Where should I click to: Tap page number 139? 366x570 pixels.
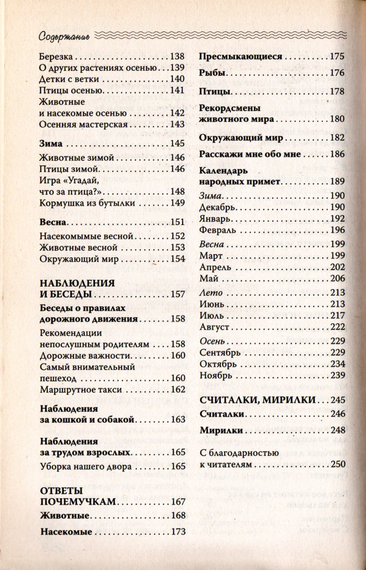point(177,68)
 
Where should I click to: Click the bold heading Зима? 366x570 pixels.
point(51,144)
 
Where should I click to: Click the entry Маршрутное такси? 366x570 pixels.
point(81,389)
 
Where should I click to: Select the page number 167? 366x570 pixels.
point(178,502)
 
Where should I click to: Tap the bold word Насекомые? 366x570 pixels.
point(66,531)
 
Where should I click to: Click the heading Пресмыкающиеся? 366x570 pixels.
point(241,56)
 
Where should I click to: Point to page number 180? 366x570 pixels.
point(338,119)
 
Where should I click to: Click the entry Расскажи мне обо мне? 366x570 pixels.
point(250,154)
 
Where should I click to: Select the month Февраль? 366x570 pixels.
point(217,230)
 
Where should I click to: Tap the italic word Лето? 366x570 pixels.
point(211,293)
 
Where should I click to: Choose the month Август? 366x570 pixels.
point(214,327)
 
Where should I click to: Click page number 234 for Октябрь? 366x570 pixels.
point(338,364)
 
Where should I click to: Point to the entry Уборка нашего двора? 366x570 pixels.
point(86,467)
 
